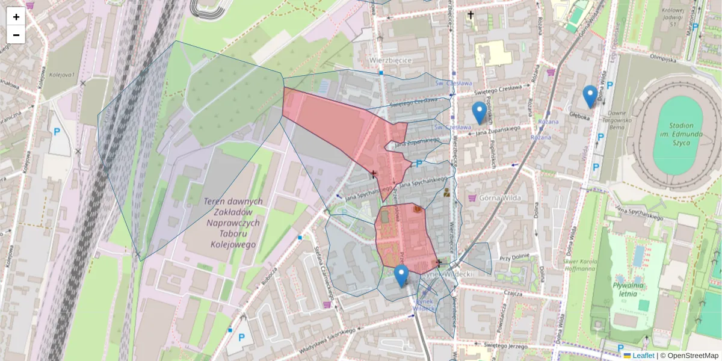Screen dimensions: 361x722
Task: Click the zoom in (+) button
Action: pyautogui.click(x=16, y=17)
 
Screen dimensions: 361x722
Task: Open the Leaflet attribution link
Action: pyautogui.click(x=643, y=356)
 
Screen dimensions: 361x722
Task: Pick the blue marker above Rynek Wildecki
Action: pyautogui.click(x=401, y=276)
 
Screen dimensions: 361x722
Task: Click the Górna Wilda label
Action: pyautogui.click(x=499, y=198)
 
